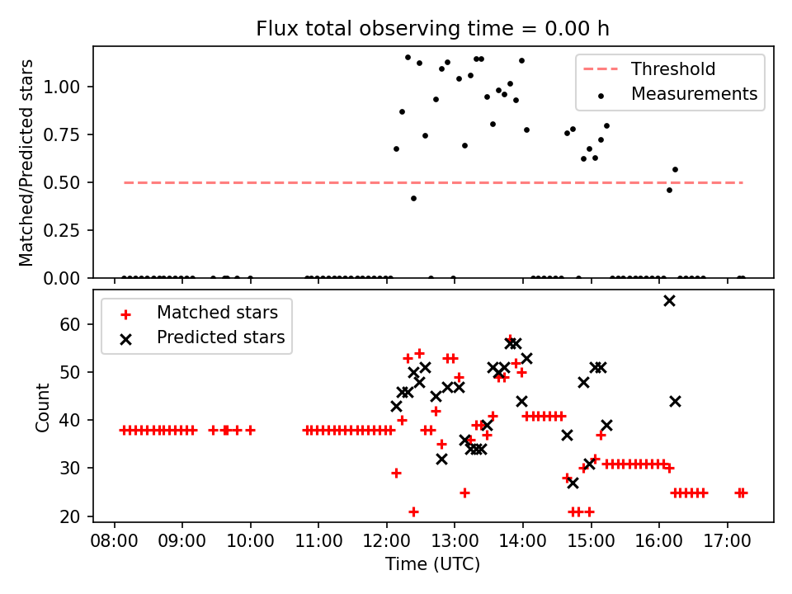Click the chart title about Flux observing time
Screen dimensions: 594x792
coord(433,29)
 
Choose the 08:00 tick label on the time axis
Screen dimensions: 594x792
coord(113,544)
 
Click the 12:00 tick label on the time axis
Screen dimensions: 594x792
coord(386,544)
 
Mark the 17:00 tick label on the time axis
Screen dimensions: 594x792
coord(728,544)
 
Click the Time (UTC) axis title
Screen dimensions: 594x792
coord(433,565)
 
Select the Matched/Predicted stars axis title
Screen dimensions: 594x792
coord(26,163)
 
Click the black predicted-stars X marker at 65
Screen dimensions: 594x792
coord(669,300)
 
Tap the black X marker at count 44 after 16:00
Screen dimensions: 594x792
coord(675,401)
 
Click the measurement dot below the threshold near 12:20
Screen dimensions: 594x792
coord(413,198)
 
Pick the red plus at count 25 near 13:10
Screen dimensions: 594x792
coord(464,493)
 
